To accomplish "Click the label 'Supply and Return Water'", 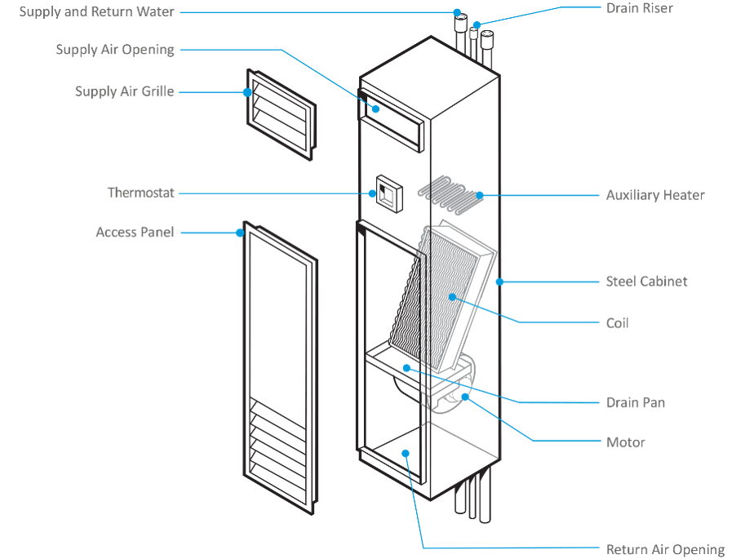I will [x=96, y=12].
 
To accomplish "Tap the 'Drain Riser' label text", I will [x=640, y=8].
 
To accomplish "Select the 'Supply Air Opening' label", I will [x=115, y=50].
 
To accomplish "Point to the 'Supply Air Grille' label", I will [x=124, y=91].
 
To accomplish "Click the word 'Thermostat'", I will [x=140, y=193].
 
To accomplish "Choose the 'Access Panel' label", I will [x=135, y=233].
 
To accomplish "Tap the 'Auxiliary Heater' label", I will [x=655, y=195].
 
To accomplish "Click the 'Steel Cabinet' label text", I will [x=646, y=282].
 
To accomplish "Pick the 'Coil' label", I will [x=617, y=323].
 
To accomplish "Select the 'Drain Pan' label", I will [x=635, y=402].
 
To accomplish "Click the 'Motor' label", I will [x=625, y=442].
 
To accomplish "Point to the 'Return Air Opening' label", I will [x=665, y=549].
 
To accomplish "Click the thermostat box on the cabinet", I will [x=386, y=193].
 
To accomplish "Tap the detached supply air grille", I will [x=279, y=113].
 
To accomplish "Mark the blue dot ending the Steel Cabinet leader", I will [x=499, y=282].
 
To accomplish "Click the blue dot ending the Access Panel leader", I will [x=240, y=233].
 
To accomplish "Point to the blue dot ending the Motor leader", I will [x=465, y=397].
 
